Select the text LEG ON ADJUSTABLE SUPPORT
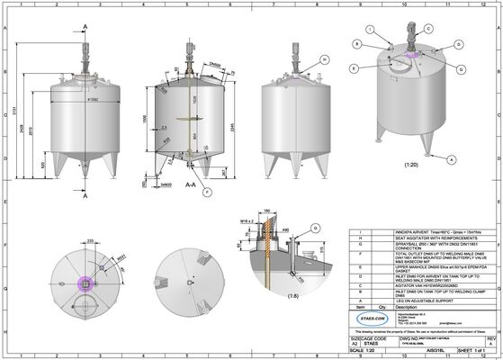pyautogui.click(x=401, y=298)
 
